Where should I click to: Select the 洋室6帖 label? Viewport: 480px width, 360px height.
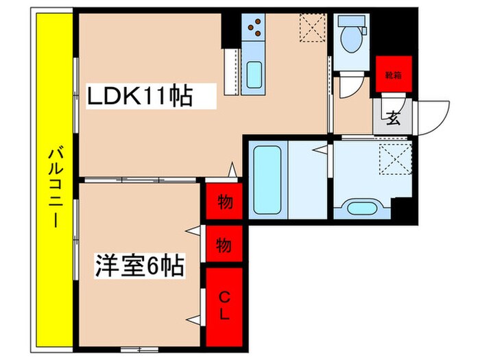pyautogui.click(x=139, y=265)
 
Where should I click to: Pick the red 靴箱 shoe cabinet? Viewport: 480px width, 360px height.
pyautogui.click(x=393, y=75)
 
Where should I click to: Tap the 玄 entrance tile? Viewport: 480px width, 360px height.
pyautogui.click(x=393, y=119)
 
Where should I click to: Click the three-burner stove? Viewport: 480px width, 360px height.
pyautogui.click(x=254, y=27)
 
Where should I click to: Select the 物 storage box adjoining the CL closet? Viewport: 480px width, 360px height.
pyautogui.click(x=224, y=243)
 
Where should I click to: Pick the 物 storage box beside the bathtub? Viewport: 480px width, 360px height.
pyautogui.click(x=224, y=202)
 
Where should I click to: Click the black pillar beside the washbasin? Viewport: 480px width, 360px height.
pyautogui.click(x=405, y=209)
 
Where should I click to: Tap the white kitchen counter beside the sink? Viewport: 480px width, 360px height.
pyautogui.click(x=232, y=72)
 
